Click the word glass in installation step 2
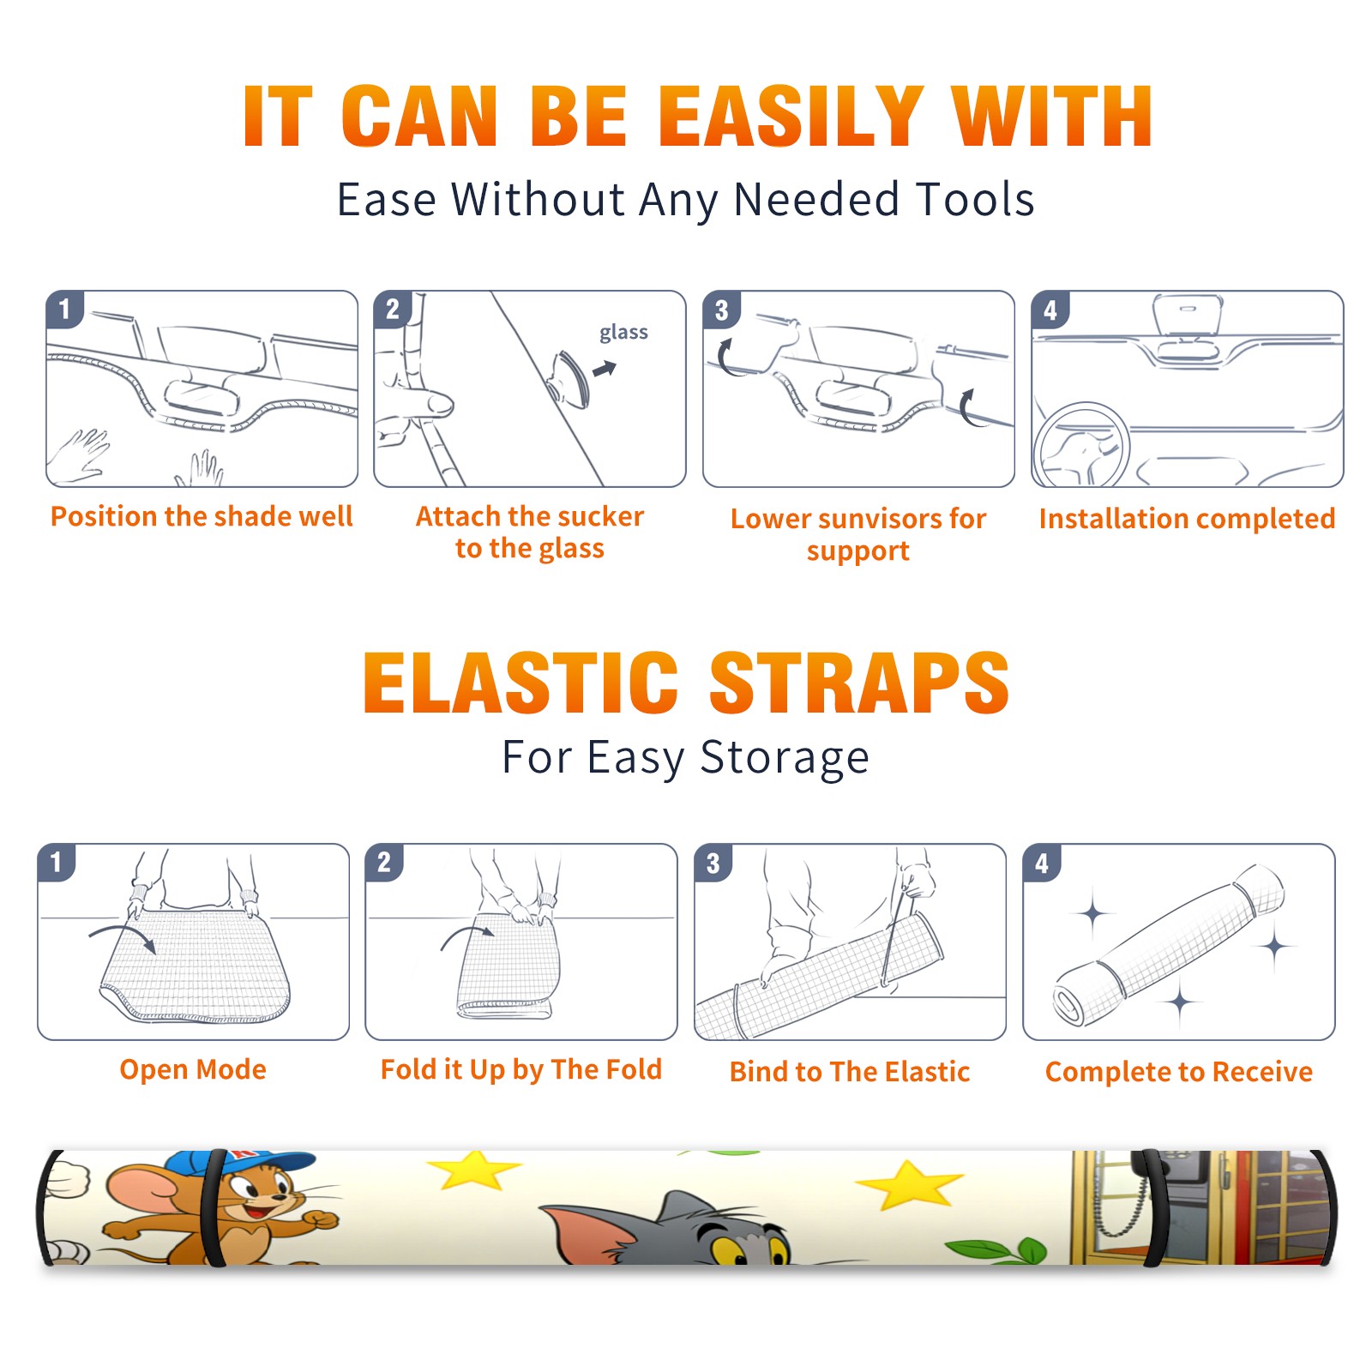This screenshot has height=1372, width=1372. [x=623, y=333]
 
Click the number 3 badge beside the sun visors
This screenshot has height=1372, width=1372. [x=721, y=310]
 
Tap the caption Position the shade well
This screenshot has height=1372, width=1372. [x=202, y=516]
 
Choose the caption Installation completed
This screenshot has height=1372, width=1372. [x=1187, y=519]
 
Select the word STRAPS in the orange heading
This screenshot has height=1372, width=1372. [x=859, y=683]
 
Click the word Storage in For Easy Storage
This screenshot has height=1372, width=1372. [x=785, y=758]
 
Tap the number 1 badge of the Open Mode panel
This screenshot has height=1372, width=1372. [x=57, y=862]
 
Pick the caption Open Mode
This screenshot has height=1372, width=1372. [x=193, y=1069]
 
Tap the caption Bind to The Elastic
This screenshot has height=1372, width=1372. [x=850, y=1072]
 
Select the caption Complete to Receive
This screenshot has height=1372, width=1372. [x=1179, y=1072]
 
